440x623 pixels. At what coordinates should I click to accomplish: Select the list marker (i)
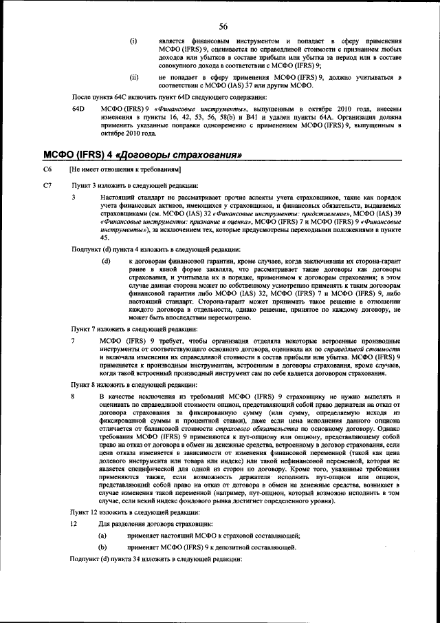click(x=133, y=41)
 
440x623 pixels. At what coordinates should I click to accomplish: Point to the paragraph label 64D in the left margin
click(x=78, y=109)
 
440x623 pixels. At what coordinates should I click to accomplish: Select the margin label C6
click(x=47, y=169)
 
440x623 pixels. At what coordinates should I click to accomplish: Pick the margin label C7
click(x=47, y=186)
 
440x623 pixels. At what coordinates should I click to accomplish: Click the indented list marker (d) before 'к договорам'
click(x=107, y=262)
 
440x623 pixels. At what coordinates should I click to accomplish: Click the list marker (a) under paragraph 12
click(x=103, y=536)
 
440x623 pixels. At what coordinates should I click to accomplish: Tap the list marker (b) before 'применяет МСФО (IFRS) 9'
click(x=103, y=548)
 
